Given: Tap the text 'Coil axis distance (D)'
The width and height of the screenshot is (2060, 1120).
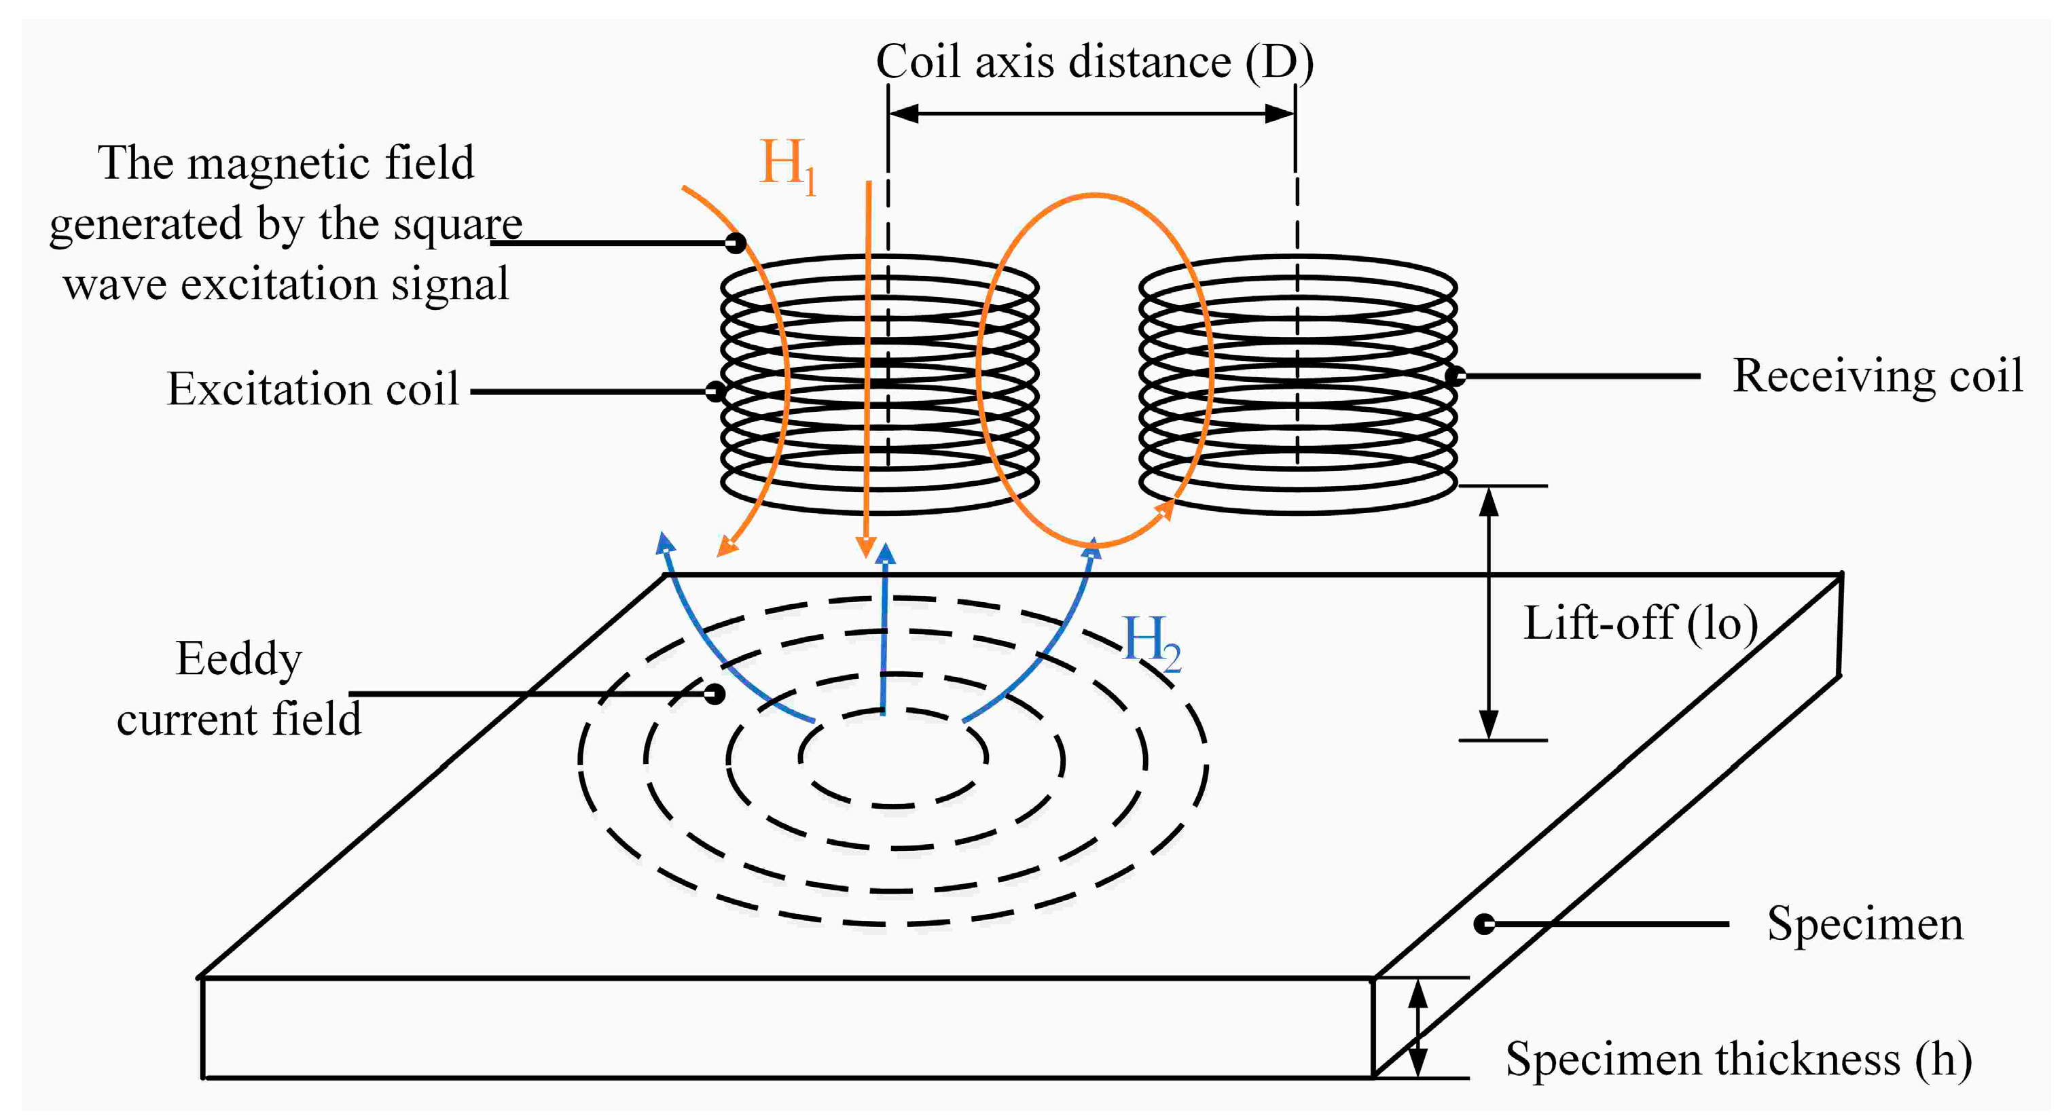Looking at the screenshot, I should (1094, 62).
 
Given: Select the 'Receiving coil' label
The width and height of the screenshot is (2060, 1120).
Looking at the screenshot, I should (1877, 376).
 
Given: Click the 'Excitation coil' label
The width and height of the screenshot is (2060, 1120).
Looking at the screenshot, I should (312, 389).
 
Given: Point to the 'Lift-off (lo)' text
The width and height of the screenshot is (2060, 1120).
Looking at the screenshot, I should (1640, 624).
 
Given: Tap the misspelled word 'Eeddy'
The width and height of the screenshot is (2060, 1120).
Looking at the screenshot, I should (238, 659).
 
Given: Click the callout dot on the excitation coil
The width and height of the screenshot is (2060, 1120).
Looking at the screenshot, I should (716, 391).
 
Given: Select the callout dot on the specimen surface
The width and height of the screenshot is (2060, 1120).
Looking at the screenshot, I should (1484, 924).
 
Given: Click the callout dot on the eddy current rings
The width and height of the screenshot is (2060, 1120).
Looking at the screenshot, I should (714, 694).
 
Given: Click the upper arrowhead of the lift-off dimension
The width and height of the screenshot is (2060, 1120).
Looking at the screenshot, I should (1488, 501).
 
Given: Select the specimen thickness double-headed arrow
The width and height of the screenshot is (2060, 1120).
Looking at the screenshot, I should (1418, 1028).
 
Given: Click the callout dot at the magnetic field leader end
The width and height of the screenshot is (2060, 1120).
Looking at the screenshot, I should (736, 243).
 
